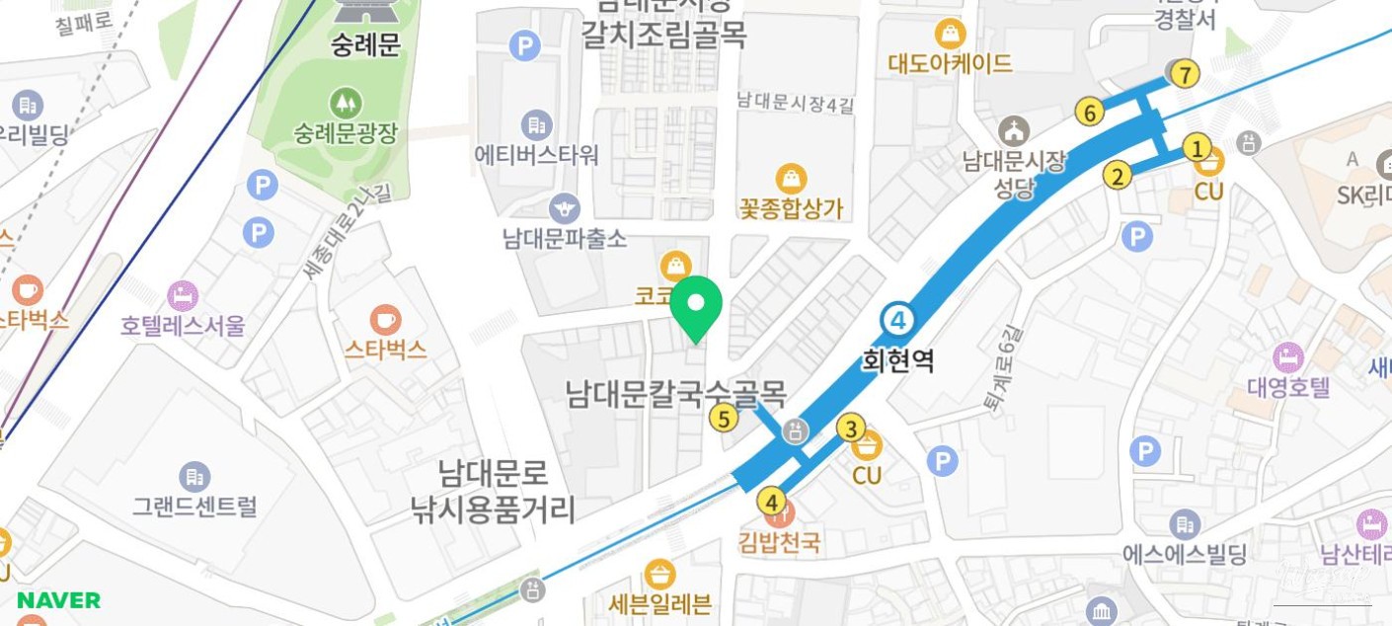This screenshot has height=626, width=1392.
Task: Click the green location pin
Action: [696, 305]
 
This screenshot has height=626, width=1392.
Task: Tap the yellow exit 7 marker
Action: [1186, 73]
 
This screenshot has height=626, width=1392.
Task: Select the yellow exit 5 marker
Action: [724, 419]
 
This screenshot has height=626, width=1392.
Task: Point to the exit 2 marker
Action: [1117, 177]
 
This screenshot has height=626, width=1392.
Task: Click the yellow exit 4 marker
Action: [771, 502]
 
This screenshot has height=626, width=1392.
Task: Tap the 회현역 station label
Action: [897, 360]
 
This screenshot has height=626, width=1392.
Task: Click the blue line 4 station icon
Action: [898, 319]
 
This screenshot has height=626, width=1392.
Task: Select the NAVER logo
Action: [58, 600]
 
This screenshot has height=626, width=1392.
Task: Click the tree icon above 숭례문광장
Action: [346, 102]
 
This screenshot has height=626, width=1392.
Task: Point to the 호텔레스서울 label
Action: [183, 325]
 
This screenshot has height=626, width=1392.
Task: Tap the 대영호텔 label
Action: [1288, 386]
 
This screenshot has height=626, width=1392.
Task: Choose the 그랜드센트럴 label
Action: [194, 507]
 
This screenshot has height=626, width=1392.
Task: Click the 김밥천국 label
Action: [779, 542]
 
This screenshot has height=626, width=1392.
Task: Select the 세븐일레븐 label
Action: [659, 602]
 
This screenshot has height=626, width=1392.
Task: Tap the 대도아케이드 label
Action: [950, 63]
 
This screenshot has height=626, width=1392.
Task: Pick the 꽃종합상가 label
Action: [791, 208]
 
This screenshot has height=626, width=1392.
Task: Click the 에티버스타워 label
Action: [536, 155]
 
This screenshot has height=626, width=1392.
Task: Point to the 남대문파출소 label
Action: [564, 238]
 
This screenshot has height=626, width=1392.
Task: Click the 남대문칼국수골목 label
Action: [676, 394]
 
